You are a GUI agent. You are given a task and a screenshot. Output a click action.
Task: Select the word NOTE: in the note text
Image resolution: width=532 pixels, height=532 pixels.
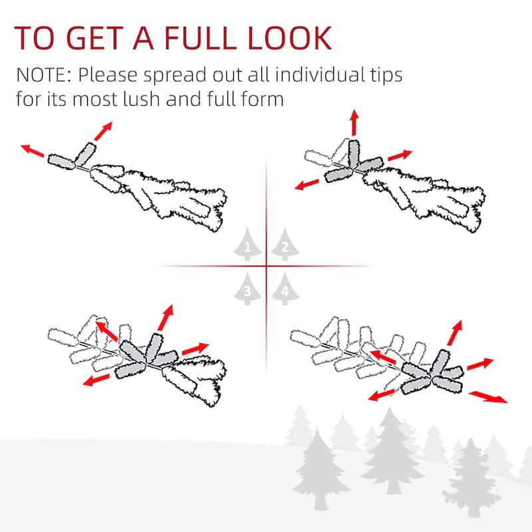point(44,75)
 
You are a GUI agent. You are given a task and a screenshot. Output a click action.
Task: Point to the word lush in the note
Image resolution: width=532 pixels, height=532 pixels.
point(141,98)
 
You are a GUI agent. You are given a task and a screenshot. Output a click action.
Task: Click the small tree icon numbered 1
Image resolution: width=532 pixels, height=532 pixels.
point(247,245)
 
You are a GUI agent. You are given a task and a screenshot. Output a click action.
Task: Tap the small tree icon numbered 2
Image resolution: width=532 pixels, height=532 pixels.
point(285,245)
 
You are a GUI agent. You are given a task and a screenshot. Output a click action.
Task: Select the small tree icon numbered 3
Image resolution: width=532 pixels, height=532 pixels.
point(247,289)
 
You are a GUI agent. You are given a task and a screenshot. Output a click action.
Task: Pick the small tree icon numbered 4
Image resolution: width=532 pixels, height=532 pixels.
point(285,289)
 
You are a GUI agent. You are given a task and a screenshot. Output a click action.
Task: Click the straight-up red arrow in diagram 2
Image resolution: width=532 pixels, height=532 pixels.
point(354,122)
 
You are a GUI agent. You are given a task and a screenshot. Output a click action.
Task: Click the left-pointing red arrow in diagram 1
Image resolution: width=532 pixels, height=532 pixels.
point(32,151)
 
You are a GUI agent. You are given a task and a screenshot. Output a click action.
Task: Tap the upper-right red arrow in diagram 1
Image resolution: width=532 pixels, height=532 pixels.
point(103,131)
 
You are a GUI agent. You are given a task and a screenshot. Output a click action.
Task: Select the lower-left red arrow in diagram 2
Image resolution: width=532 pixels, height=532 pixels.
point(307,185)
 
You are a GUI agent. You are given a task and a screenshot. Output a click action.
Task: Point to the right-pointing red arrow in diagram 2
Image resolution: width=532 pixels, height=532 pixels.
point(400,156)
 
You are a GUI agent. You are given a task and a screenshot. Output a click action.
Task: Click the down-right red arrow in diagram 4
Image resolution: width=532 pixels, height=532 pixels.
point(488,397)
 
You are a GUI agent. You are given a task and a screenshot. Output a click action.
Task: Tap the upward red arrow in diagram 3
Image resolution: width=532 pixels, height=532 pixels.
point(166,318)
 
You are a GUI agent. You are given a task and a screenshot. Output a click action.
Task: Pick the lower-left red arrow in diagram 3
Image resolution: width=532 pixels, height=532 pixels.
point(96,380)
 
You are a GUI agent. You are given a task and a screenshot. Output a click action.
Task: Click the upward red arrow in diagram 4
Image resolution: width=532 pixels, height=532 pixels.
point(455,333)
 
